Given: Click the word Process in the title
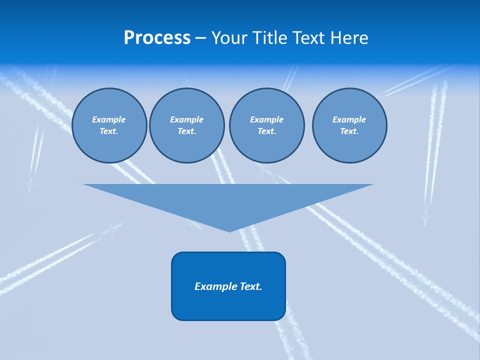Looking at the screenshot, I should tap(157, 38).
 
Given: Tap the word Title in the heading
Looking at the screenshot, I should tap(270, 38).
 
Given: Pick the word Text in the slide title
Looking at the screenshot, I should tap(308, 38).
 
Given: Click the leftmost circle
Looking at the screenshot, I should tap(109, 125).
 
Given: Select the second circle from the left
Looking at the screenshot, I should tap(187, 125).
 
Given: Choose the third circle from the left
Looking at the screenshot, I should tap(266, 125).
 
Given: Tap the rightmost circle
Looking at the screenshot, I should tap(349, 125).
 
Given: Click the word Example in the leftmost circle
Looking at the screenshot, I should tap(109, 119).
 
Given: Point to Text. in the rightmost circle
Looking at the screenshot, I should tap(349, 131).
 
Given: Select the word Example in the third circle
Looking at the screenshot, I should tap(266, 119).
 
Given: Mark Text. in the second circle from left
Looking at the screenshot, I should tap(187, 131).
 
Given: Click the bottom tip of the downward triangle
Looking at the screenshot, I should tap(229, 230).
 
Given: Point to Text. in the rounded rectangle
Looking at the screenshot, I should tap(251, 286).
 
